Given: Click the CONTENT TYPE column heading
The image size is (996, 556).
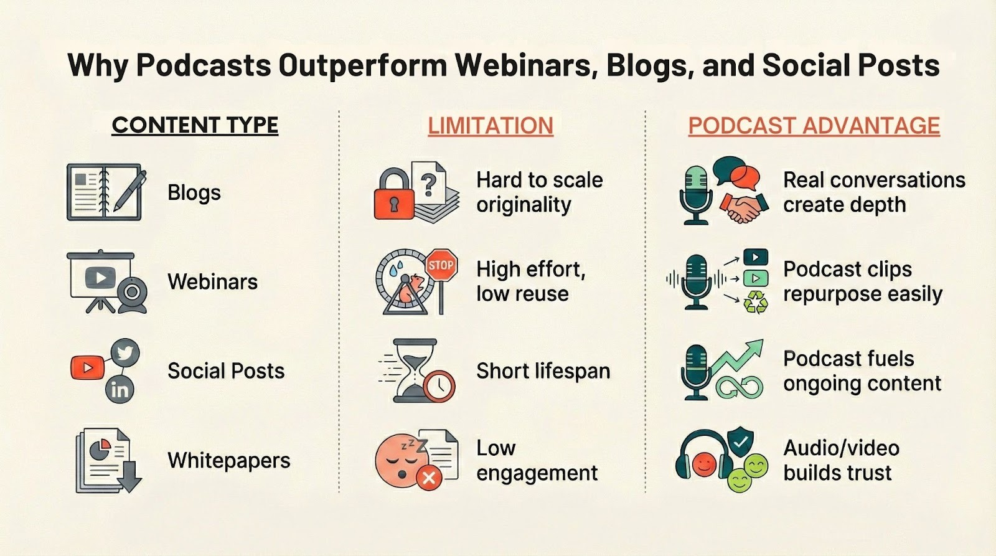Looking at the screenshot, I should coord(195,125).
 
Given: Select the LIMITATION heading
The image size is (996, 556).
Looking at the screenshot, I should coord(490,126).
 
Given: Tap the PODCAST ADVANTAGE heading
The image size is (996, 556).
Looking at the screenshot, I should coord(814,126).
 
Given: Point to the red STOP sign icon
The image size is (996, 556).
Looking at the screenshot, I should coord(441,266).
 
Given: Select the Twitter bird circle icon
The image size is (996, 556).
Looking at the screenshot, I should coord(125,354).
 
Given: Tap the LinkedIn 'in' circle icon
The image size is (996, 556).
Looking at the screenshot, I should coord(120,389).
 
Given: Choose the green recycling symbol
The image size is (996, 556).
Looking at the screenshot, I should coord(755,303).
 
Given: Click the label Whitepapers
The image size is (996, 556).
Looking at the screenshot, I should coord(228,461).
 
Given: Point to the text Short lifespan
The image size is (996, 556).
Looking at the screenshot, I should coord(543,371).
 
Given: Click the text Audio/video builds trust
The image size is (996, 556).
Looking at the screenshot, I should coord(840,460).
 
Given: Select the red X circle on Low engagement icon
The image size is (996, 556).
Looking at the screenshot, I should coord(428,478).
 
